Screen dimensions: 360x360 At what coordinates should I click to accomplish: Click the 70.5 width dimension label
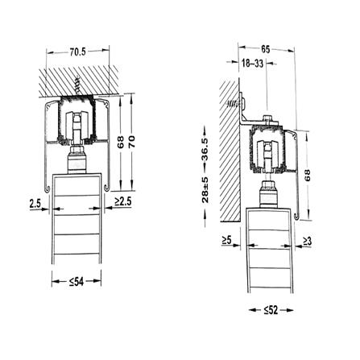tap(77, 52)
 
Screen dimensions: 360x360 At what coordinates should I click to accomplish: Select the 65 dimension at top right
tap(265, 49)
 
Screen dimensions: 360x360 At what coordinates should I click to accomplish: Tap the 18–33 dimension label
tap(252, 64)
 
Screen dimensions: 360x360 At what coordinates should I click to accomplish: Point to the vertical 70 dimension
tap(132, 143)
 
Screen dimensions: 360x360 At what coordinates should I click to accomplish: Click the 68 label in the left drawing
tap(121, 143)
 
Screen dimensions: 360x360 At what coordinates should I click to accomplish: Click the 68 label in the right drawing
tap(307, 175)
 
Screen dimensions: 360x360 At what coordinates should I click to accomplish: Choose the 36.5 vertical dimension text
tap(205, 150)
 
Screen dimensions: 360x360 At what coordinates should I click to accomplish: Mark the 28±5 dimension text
tap(205, 190)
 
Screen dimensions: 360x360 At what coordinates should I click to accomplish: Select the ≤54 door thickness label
tap(77, 282)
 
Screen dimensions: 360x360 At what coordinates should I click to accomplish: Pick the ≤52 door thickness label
tap(271, 310)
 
